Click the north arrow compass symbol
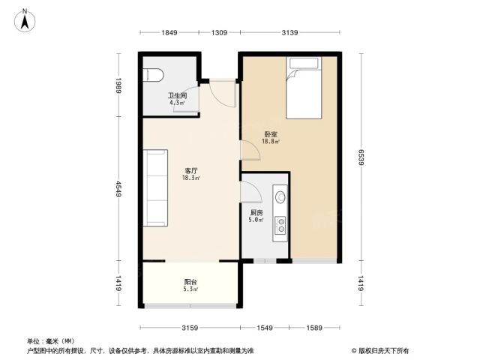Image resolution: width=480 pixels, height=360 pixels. click(x=25, y=20)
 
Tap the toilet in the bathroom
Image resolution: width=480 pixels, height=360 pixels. click(x=153, y=75)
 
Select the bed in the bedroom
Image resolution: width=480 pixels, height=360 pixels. click(x=304, y=88)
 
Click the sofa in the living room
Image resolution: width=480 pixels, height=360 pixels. click(x=155, y=187)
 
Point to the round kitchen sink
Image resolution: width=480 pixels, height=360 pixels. click(x=280, y=197)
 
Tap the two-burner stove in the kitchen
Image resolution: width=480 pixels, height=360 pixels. click(x=280, y=225)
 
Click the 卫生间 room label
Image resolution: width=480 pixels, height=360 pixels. click(x=178, y=95)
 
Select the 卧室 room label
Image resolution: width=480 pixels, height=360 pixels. click(x=271, y=134)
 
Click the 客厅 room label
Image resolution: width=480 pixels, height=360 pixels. click(x=191, y=171)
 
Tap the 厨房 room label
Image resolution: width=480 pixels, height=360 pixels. click(x=256, y=213)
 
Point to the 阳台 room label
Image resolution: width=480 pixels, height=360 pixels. click(x=190, y=282)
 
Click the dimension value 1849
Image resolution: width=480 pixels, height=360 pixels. click(x=169, y=32)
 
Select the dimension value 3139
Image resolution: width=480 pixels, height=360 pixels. click(x=289, y=32)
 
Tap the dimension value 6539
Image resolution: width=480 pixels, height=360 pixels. click(x=361, y=157)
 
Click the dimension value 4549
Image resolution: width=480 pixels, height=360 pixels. click(x=118, y=189)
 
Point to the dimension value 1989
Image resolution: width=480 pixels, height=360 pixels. click(x=118, y=85)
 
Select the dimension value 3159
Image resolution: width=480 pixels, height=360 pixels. click(x=190, y=328)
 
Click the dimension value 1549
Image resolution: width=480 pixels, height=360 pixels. click(x=265, y=328)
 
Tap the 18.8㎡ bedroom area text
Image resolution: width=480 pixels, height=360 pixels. click(x=271, y=141)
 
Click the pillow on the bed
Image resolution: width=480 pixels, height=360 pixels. click(x=304, y=63)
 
